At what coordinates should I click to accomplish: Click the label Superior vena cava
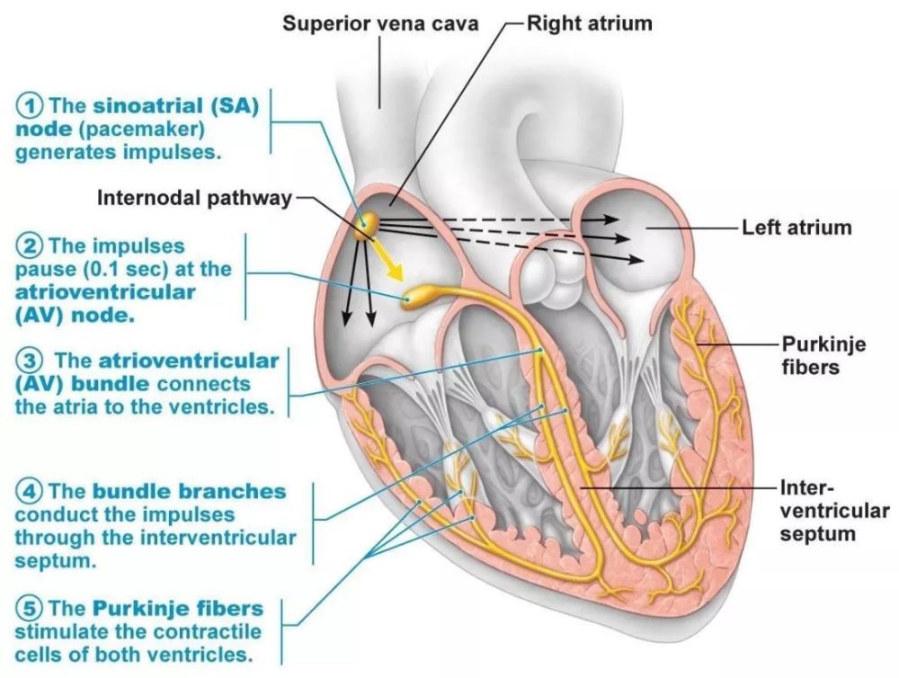click(x=380, y=23)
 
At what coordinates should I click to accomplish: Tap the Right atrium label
click(x=590, y=23)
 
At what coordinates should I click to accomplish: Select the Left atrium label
click(x=797, y=227)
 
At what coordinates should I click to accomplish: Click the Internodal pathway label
click(x=194, y=198)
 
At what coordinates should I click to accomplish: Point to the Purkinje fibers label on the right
click(x=811, y=355)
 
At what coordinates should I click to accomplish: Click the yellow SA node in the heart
click(x=366, y=227)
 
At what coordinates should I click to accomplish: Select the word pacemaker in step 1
click(x=142, y=129)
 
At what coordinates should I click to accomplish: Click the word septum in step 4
click(x=56, y=561)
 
